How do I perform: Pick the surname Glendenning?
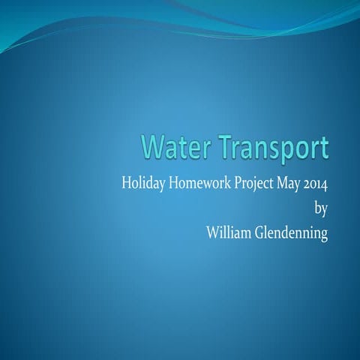coord(292,233)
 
